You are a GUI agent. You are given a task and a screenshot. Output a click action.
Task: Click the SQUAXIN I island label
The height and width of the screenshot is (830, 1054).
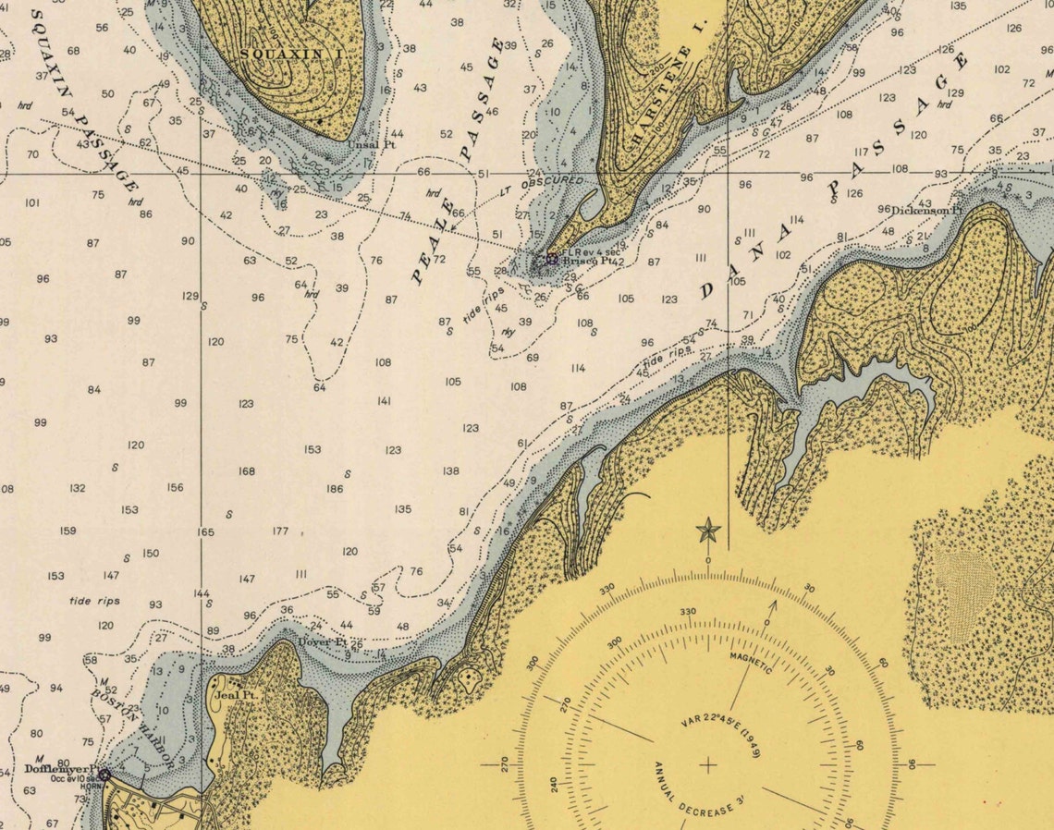coord(290,55)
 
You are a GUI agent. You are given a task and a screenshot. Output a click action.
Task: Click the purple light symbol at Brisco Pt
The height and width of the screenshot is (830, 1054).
coord(552,260)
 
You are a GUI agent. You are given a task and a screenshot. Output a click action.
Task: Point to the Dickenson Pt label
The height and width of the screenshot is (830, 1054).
coord(926,211)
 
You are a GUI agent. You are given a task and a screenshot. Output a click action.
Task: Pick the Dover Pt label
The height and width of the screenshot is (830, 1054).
coord(322,641)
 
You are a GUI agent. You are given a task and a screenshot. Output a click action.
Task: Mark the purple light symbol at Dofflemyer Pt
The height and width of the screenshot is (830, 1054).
coord(104,774)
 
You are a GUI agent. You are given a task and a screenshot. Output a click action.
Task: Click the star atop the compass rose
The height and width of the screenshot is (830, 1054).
coord(708,531)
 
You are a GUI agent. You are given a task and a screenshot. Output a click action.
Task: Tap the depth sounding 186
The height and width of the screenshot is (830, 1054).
coord(335,489)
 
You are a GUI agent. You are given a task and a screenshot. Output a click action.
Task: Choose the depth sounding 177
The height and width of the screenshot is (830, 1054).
coord(280,531)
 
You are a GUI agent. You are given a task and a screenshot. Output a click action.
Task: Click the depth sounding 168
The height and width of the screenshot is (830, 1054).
coord(246,471)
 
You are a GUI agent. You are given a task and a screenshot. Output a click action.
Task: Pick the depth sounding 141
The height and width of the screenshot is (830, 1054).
coord(384,401)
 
